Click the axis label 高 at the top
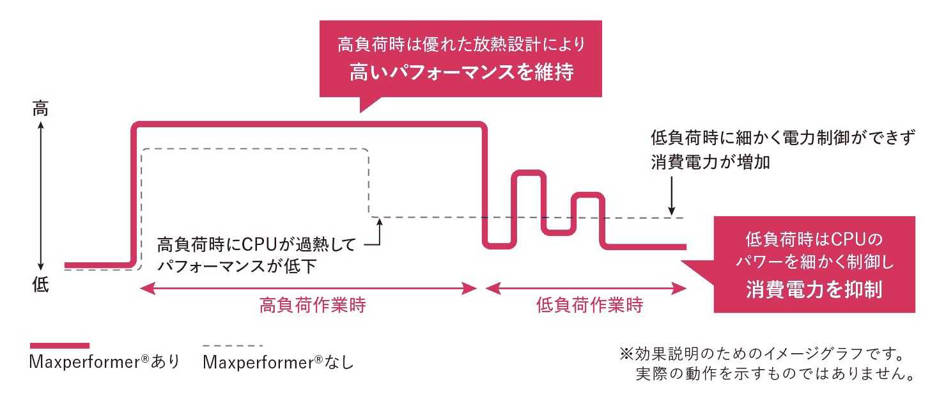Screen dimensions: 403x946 [x=40, y=109]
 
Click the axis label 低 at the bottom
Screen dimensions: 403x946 [x=40, y=286]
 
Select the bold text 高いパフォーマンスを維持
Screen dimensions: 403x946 [x=461, y=72]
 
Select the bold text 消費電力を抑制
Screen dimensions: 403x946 [x=814, y=290]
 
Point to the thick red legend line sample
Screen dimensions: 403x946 [x=59, y=345]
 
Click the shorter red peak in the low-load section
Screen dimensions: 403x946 [x=589, y=195]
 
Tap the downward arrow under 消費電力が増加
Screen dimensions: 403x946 [x=671, y=198]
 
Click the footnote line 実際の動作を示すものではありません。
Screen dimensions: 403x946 [x=773, y=374]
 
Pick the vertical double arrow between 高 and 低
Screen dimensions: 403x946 [x=40, y=197]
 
